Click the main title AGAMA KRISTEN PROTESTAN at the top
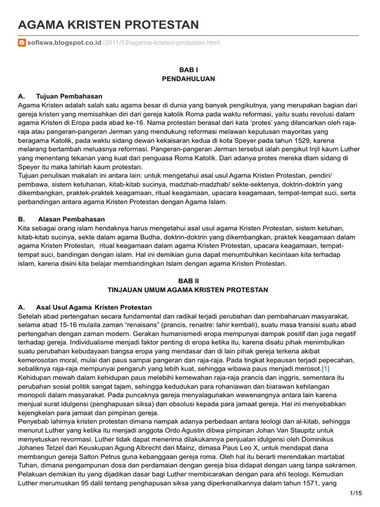coord(108,25)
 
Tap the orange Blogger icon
coord(22,43)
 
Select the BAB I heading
coord(188,70)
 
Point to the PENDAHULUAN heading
coord(188,79)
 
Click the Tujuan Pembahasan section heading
coord(69,96)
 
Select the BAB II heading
coord(188,281)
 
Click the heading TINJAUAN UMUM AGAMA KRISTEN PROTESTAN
coord(188,290)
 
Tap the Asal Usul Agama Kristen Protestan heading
coord(94,307)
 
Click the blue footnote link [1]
coord(326,369)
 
